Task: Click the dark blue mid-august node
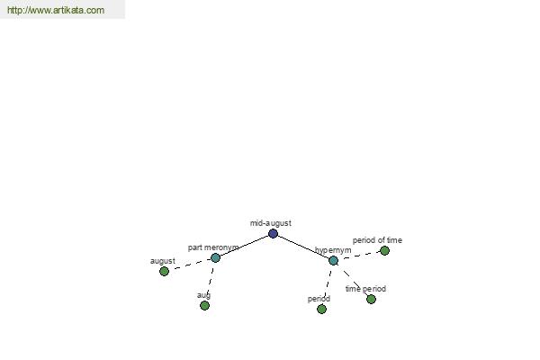273,234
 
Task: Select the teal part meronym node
215,257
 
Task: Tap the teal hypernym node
333,260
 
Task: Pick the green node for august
165,271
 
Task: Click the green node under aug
204,306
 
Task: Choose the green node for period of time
384,250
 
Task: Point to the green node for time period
371,299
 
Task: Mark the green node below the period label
321,309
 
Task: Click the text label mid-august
271,223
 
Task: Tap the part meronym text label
213,247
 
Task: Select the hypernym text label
333,250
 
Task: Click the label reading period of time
377,240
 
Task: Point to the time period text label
365,289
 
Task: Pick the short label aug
204,295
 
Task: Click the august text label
163,261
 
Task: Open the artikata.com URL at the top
56,10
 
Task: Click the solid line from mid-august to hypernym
303,247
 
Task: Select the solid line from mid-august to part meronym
244,246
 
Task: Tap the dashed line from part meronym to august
190,265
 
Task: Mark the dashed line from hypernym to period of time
359,256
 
